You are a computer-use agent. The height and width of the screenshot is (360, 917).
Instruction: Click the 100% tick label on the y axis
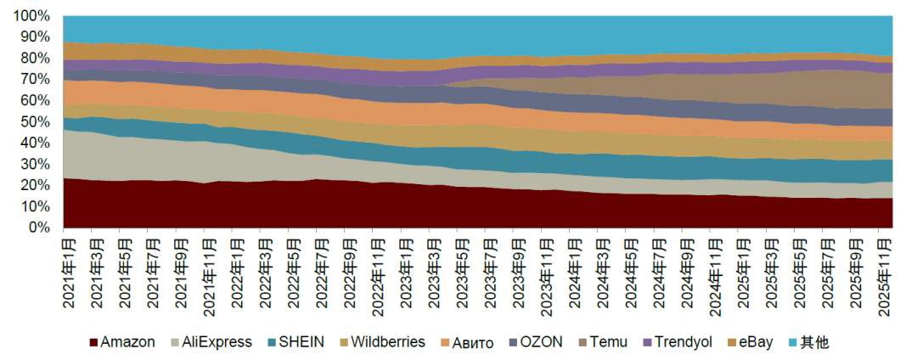coord(32,16)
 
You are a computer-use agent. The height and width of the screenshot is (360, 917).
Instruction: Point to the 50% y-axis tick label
coord(36,121)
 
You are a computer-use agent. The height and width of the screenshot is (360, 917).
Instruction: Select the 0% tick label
coord(40,228)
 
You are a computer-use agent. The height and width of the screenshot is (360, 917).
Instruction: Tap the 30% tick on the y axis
coord(36,164)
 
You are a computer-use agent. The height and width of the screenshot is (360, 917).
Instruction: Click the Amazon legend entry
coord(127,342)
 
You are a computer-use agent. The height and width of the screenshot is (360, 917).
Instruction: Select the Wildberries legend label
coord(388,342)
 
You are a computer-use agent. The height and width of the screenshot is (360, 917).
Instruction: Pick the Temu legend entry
coord(610,342)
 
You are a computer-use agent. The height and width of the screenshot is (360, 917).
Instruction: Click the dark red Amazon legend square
coord(93,343)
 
